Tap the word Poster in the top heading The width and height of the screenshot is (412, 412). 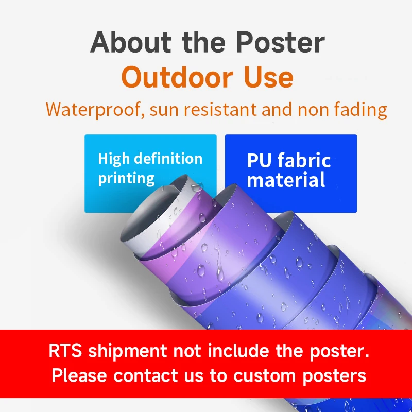coord(281,43)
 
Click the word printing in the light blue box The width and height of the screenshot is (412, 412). coord(126,179)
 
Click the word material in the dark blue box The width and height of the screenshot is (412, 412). coord(286,180)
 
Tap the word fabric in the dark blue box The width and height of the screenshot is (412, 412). coord(304,161)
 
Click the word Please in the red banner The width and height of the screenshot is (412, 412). coord(80,375)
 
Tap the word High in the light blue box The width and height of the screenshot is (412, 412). coord(112,159)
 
